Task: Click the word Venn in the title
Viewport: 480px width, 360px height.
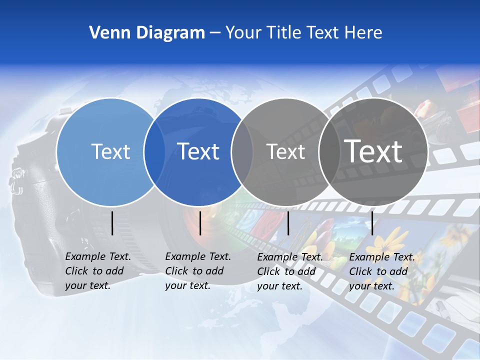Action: coord(107,33)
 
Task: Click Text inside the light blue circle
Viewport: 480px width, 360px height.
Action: coord(110,151)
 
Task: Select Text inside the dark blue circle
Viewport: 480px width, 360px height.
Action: coord(198,151)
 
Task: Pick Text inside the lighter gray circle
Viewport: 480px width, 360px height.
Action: coord(285,151)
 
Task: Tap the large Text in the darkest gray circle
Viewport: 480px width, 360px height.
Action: coord(373,151)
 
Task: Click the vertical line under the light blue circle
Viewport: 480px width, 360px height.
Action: coord(112,223)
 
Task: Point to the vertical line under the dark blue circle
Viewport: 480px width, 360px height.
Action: coord(200,223)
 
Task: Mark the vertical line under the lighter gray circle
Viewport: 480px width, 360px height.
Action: coord(288,223)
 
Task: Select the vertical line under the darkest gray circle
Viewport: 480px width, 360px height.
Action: coord(372,223)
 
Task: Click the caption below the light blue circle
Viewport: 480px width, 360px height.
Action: coord(97,271)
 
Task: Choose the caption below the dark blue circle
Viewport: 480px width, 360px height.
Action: coord(197,271)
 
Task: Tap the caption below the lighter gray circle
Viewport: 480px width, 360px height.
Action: coord(289,271)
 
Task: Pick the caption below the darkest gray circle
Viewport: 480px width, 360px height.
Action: coord(381,271)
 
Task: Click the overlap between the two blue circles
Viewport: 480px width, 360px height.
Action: coord(154,151)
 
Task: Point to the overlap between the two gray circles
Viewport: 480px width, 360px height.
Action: coord(329,151)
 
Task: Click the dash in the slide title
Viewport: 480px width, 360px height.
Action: coord(215,33)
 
